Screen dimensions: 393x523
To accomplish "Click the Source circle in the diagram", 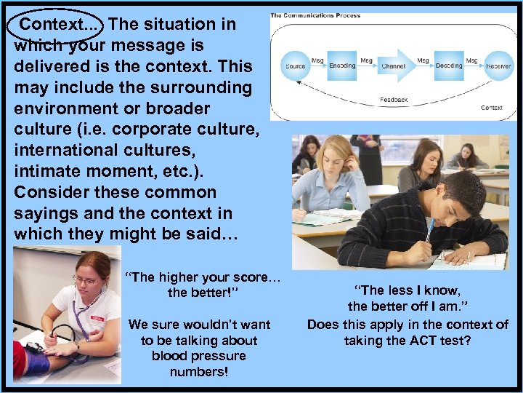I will point(295,65).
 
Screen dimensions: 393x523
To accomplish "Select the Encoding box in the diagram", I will point(342,65).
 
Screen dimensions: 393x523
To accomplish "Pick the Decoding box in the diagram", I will point(449,65).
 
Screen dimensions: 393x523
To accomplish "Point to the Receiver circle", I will point(498,65).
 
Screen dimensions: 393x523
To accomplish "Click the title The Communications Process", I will point(317,15).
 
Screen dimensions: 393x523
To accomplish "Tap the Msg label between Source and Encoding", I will point(317,60).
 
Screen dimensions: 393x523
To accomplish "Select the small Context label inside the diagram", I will point(492,108).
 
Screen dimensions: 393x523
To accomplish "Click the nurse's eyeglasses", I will point(85,279).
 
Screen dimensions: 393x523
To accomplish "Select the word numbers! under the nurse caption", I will point(198,372).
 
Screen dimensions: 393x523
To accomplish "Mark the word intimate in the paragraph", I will point(46,172).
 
